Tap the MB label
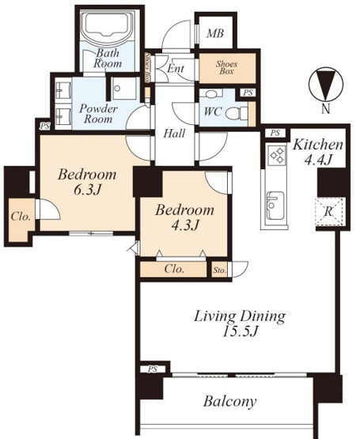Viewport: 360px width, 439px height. coord(215,33)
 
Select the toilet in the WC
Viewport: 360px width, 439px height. coord(237,113)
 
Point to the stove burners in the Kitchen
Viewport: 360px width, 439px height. coord(276,156)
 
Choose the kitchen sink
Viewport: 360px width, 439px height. coord(276,206)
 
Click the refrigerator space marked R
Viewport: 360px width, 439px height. coord(329,212)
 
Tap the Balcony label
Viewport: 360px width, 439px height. coord(229,402)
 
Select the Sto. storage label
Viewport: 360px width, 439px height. coord(220,271)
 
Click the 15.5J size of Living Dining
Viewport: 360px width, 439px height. coord(240,332)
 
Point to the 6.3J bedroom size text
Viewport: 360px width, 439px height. coord(87,191)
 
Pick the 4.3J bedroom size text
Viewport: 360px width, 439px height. coord(185,225)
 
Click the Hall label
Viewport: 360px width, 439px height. coord(174,134)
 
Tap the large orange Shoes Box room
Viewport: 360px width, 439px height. coord(227,68)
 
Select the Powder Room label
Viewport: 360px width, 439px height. coord(98,114)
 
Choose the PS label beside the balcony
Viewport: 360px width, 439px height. coord(153,369)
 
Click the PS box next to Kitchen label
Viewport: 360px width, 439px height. coord(275,133)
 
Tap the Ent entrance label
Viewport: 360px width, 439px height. coord(176,69)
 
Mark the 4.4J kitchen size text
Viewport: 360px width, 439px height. coord(318,161)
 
